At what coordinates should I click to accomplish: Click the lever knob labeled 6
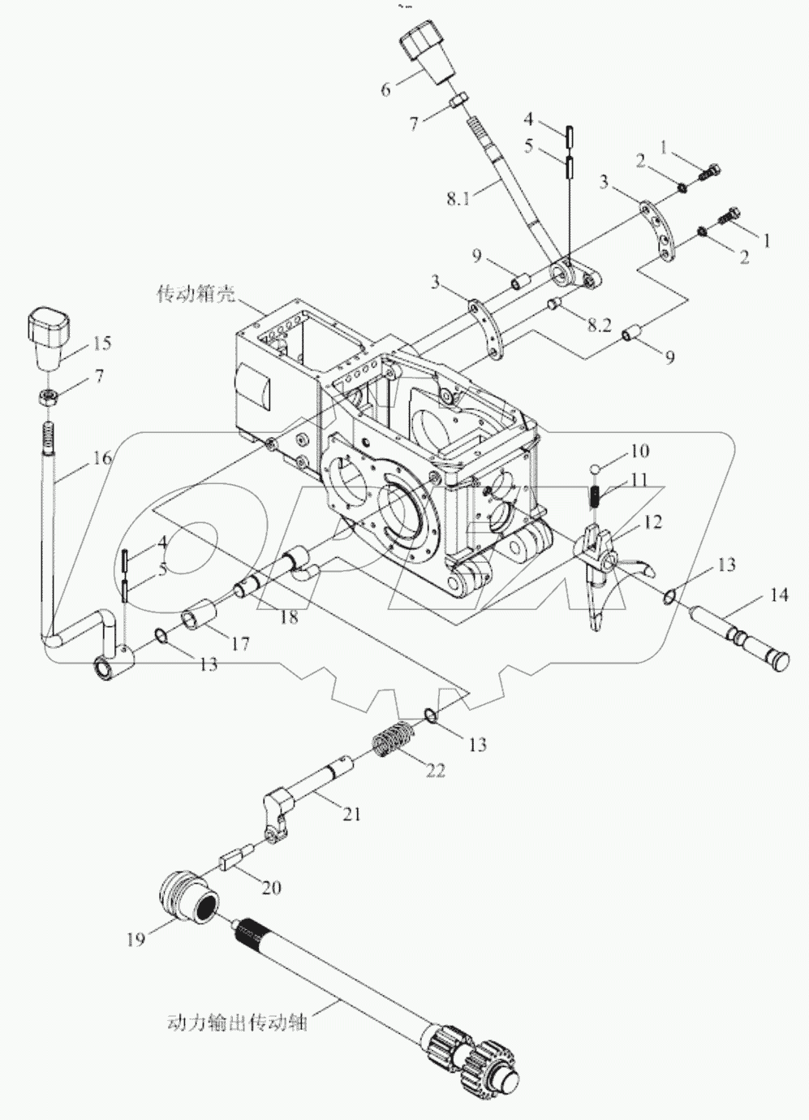(427, 52)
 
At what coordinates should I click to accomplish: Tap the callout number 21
(351, 814)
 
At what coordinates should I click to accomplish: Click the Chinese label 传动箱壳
(196, 294)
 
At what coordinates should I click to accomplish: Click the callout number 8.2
(598, 324)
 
